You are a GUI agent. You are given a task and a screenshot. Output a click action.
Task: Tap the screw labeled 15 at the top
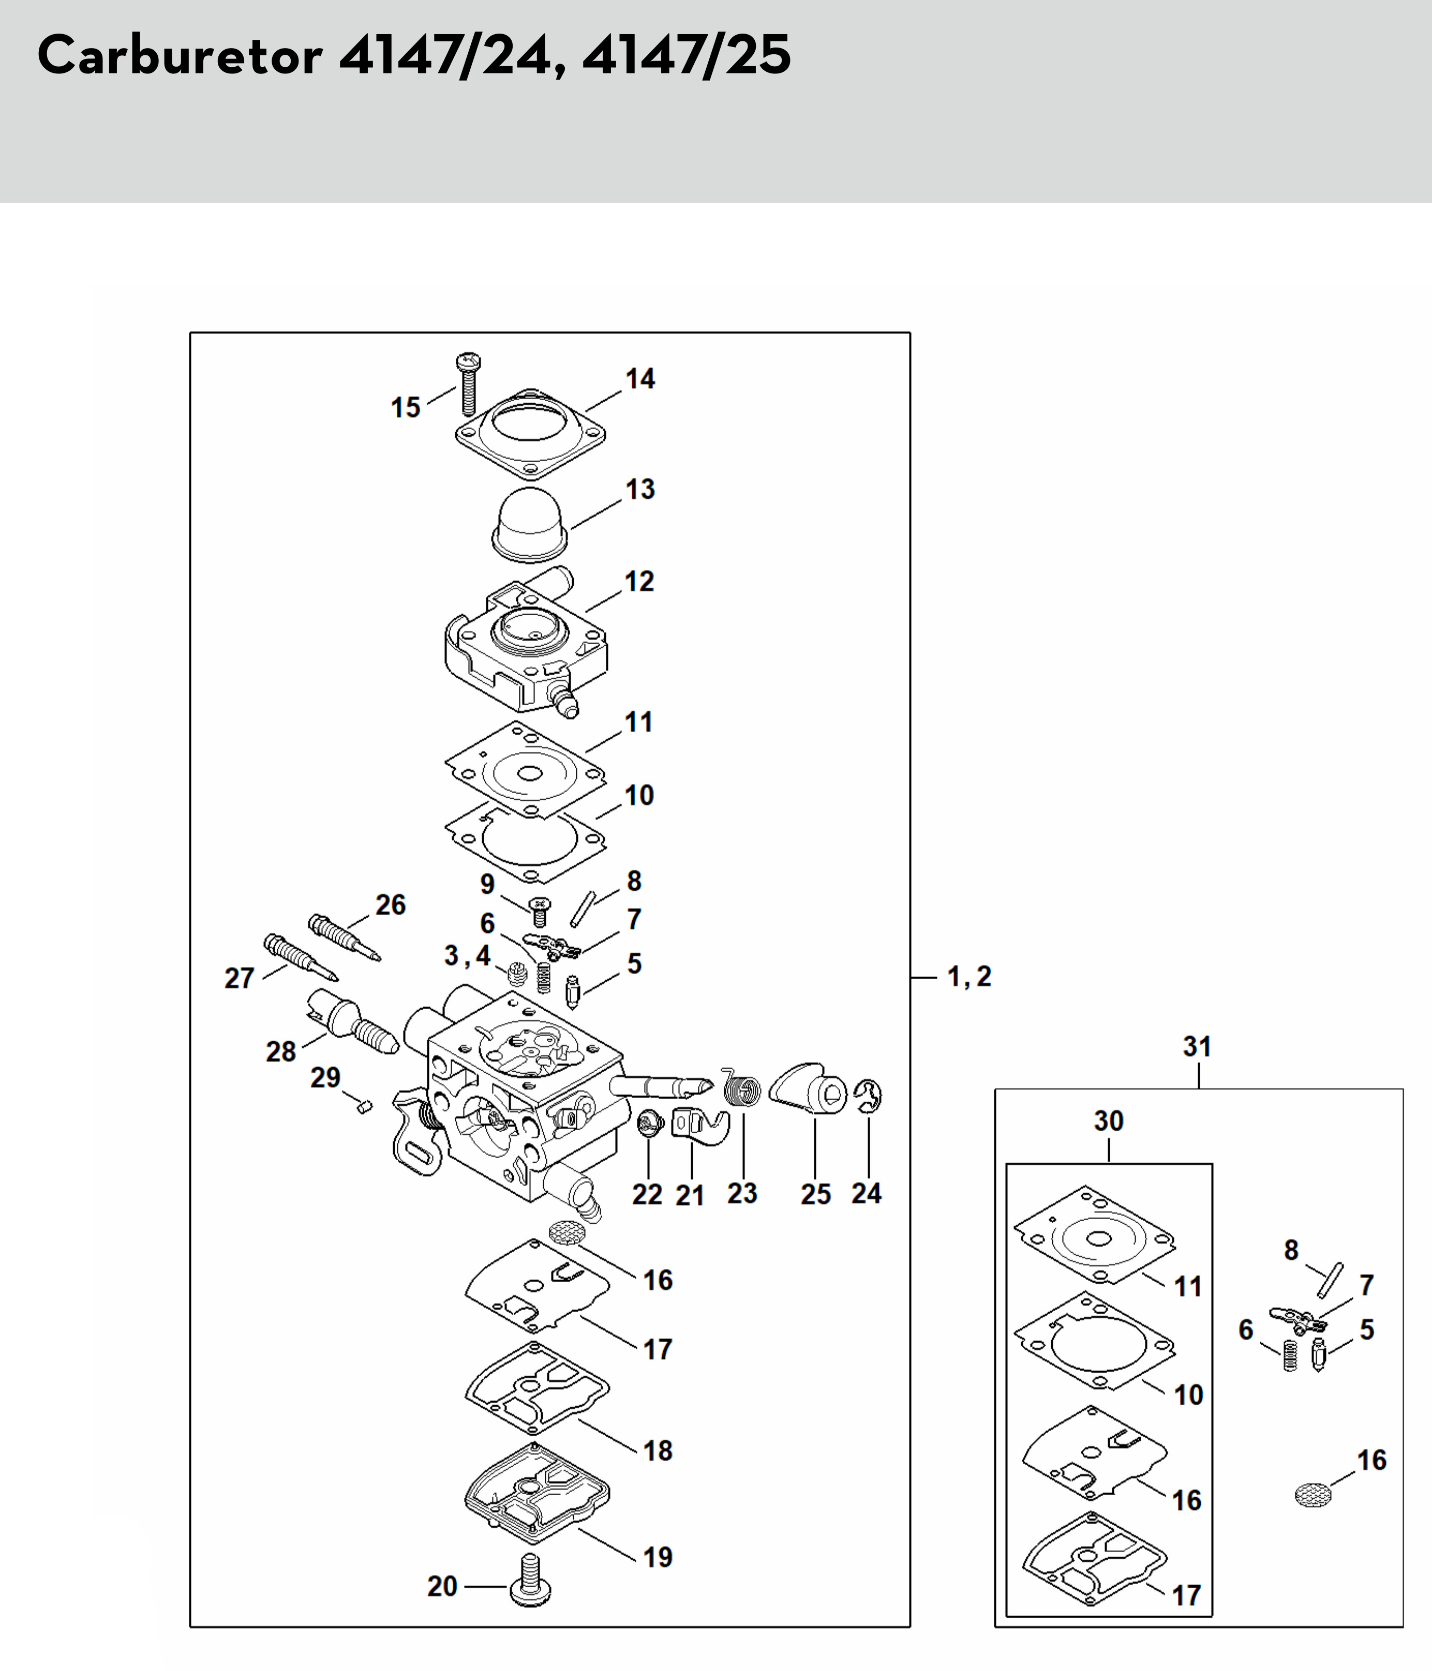coord(467,384)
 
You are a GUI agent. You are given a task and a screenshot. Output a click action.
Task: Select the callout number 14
coord(640,378)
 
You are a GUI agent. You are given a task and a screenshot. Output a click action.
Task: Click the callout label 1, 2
coord(969,977)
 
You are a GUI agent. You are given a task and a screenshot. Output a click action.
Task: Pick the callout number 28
coord(281,1052)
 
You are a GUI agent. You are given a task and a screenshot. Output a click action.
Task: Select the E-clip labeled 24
coord(870,1096)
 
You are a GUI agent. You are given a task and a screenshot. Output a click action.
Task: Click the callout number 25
coord(816,1194)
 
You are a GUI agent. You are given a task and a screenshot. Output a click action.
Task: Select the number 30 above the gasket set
coord(1109,1120)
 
